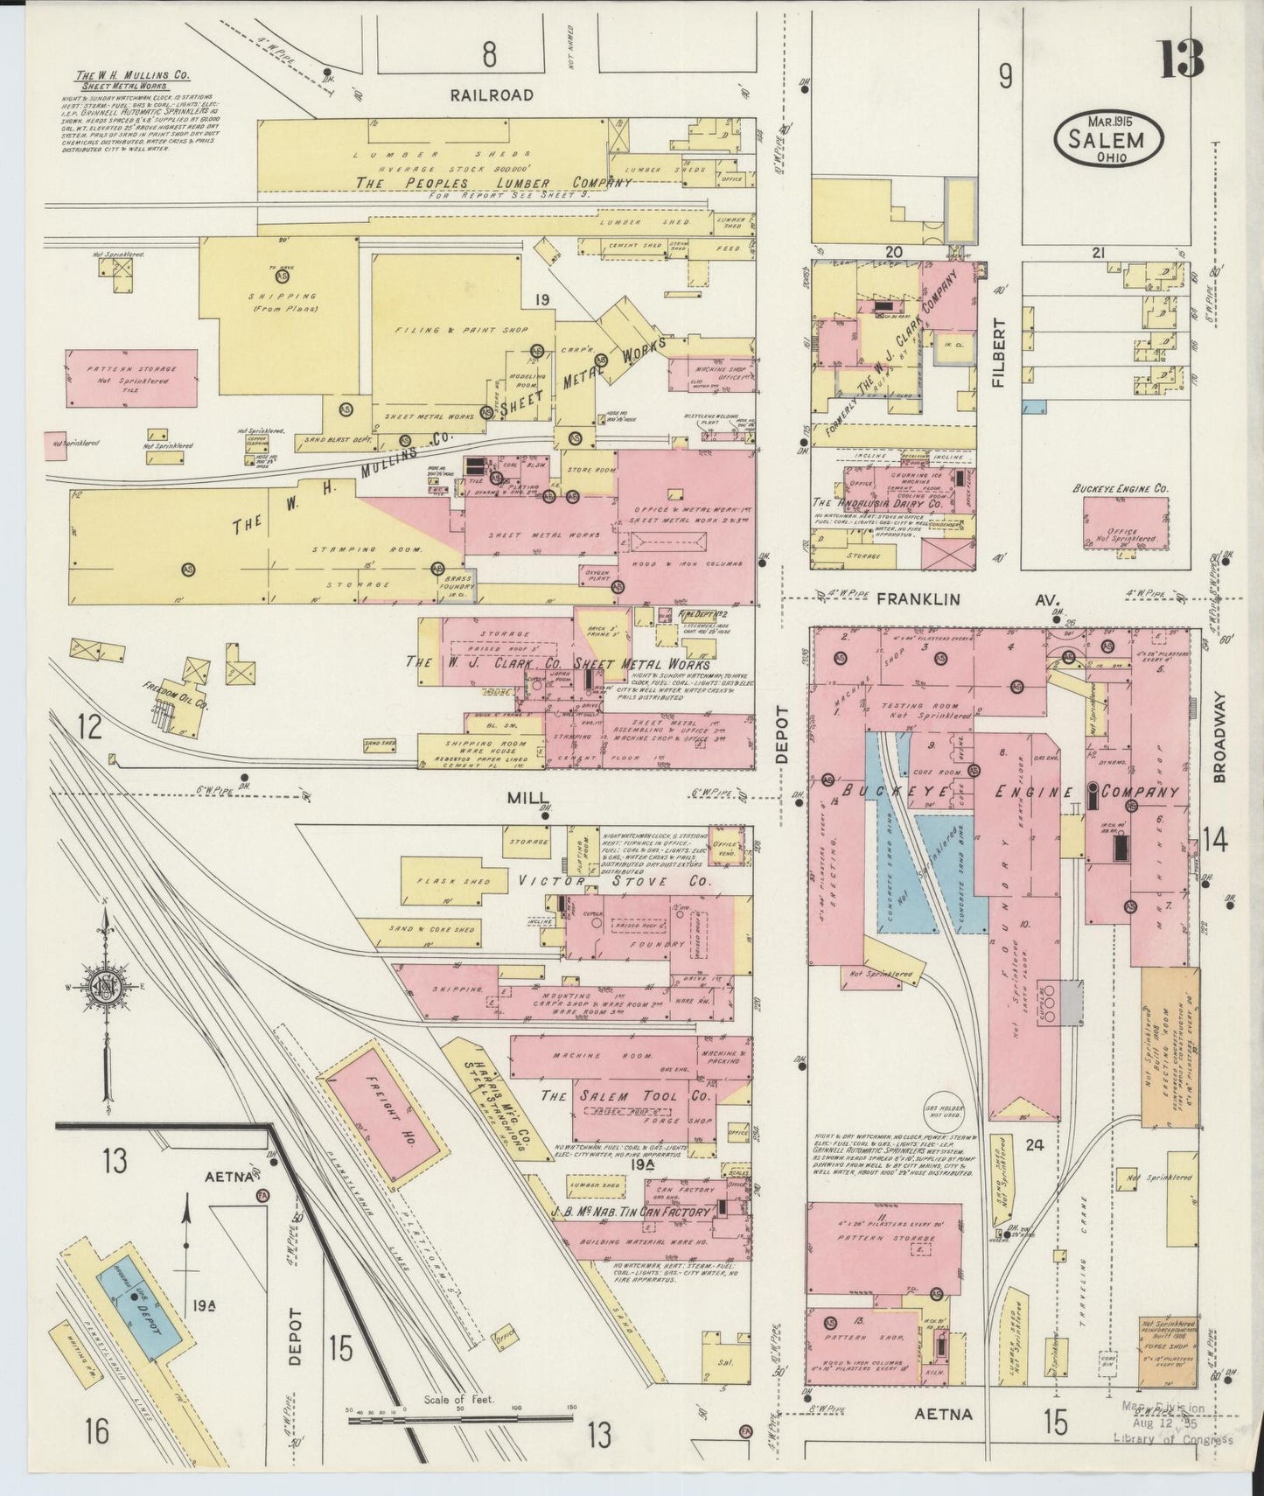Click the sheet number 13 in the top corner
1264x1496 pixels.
click(x=1183, y=59)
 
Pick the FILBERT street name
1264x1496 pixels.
click(x=1001, y=353)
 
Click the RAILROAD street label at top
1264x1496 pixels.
click(x=492, y=95)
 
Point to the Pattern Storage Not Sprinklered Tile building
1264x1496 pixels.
click(x=131, y=378)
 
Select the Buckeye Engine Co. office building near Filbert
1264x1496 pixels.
click(x=1125, y=523)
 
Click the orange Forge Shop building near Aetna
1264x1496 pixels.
click(x=1167, y=1353)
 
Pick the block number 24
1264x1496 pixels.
click(x=1036, y=1144)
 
